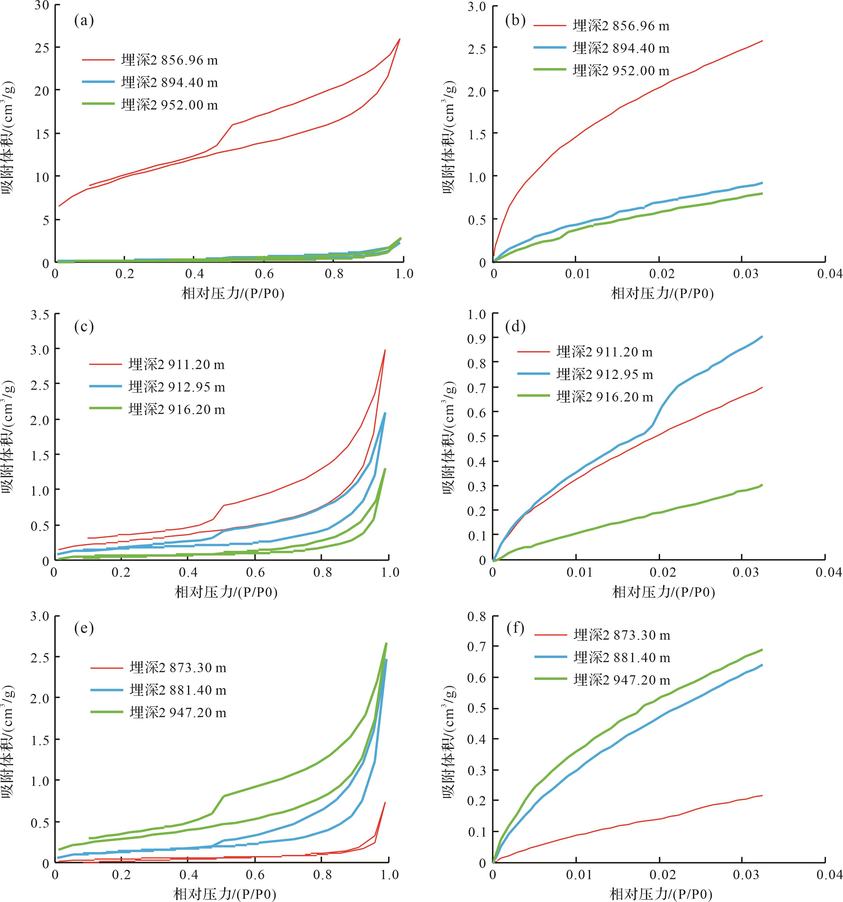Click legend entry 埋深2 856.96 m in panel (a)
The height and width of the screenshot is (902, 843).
(170, 60)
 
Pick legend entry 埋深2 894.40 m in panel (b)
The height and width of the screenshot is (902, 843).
(621, 48)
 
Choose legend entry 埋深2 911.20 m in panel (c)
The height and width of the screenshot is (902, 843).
(176, 364)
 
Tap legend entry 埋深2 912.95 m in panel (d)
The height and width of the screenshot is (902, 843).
(605, 374)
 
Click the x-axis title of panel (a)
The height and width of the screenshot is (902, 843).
(233, 294)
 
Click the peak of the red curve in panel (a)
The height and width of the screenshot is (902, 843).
(400, 39)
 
